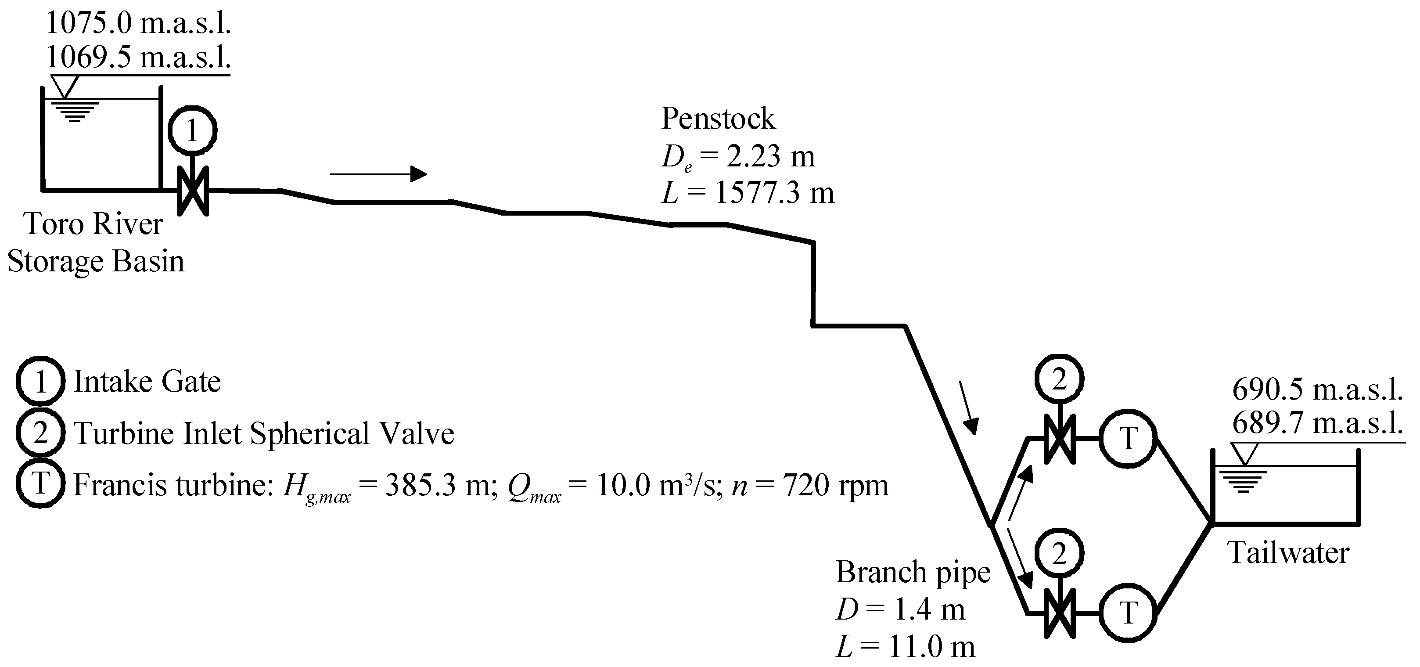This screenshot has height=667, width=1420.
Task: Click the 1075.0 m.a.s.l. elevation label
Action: coord(138,23)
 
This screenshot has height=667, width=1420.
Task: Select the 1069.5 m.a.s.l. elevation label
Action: coord(138,57)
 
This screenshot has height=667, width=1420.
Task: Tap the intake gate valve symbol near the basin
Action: coord(192,191)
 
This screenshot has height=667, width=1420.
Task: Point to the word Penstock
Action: coord(718,119)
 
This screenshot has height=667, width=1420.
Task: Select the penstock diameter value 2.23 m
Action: coord(769,157)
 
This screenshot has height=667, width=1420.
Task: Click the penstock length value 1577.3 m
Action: coord(774,193)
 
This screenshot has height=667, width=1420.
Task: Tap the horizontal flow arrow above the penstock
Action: coord(379,174)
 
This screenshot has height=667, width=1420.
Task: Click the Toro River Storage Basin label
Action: coord(95,242)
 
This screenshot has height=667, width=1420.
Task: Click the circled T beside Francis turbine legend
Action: coord(40,484)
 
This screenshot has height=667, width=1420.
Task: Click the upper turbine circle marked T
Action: coord(1128,439)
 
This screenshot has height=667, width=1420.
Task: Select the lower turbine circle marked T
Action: coord(1128,613)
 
